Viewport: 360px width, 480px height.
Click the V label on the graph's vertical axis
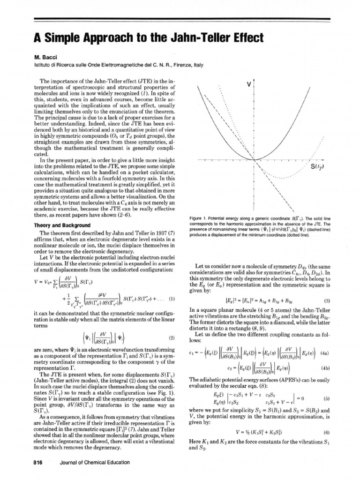pyautogui.click(x=248, y=84)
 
